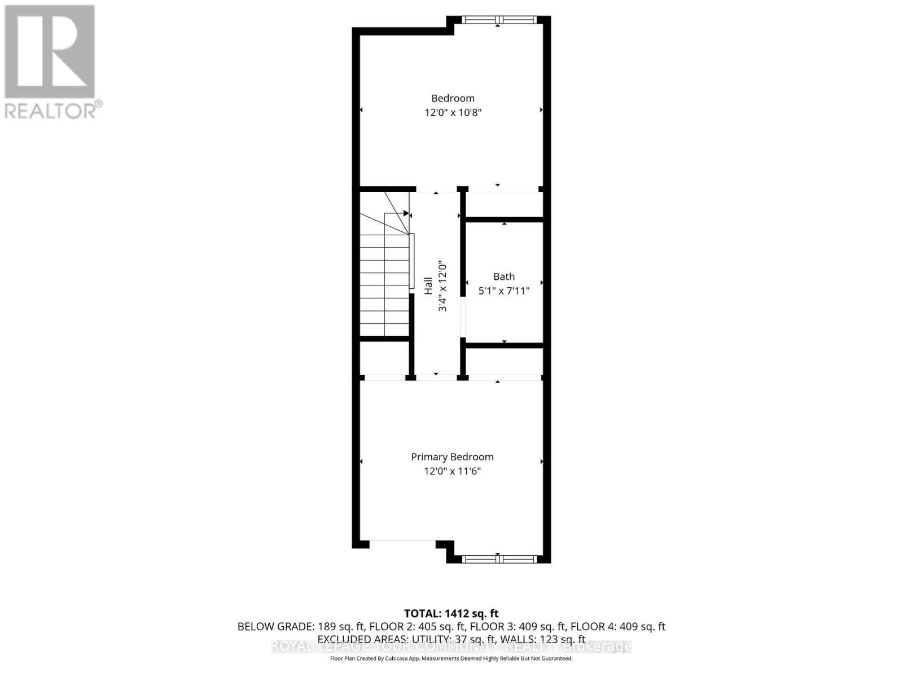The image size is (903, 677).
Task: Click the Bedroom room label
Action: [x=453, y=98]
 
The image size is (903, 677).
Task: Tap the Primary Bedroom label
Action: [x=452, y=457]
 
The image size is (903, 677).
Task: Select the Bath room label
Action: [x=504, y=276]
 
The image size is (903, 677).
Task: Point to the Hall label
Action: [x=428, y=285]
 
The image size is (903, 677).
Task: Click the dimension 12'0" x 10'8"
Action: [x=453, y=112]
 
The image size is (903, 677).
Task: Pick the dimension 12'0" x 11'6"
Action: [x=452, y=471]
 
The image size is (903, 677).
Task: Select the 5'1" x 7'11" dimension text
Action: [x=504, y=291]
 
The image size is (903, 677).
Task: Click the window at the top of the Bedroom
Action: [x=498, y=20]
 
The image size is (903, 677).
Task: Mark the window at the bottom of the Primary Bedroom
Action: [x=498, y=559]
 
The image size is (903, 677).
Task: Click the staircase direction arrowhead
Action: [x=406, y=213]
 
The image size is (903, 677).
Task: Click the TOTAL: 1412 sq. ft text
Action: [x=451, y=613]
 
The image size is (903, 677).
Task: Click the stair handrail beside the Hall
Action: [x=412, y=261]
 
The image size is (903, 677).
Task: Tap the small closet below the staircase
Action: [x=384, y=358]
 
